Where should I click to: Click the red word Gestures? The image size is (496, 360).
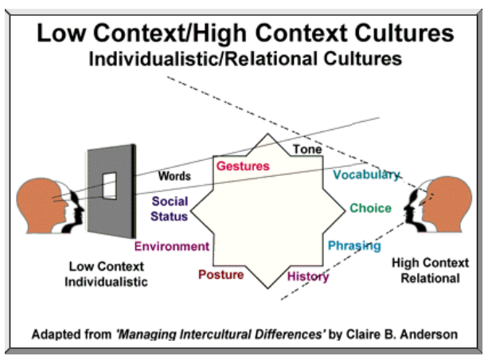243,166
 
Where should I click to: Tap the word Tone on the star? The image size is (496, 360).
307,150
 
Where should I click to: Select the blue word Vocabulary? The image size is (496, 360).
366,175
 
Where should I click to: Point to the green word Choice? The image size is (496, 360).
370,209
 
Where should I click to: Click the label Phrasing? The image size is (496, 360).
354,245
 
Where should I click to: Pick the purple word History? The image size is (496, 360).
307,276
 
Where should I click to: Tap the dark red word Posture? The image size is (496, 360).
220,276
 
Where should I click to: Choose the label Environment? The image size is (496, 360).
171,246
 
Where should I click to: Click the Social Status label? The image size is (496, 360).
169,209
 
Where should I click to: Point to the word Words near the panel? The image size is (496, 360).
175,175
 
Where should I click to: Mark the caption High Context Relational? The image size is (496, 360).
431,271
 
